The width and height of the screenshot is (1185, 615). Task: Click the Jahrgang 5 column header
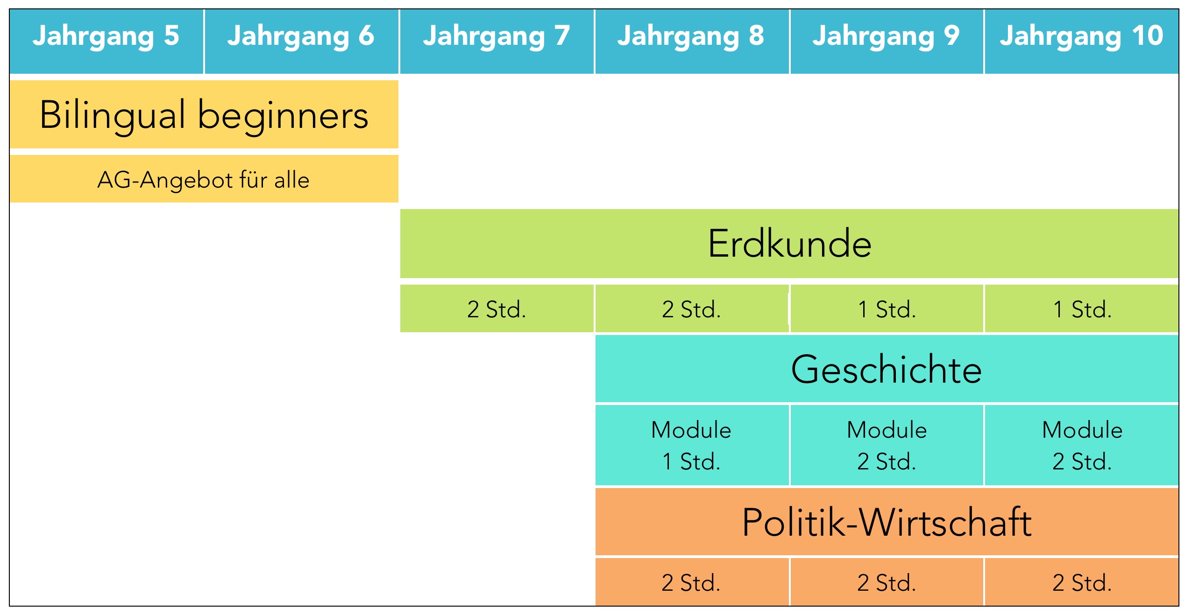(x=106, y=41)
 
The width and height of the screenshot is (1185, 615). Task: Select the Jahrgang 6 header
(x=301, y=41)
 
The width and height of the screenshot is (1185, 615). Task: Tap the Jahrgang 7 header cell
(x=497, y=41)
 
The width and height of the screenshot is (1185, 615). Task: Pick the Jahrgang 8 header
(x=692, y=41)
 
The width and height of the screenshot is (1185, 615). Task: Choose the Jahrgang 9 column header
(x=887, y=41)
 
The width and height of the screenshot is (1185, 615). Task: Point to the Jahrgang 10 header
(x=1082, y=41)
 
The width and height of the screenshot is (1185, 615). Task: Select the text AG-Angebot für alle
(x=204, y=180)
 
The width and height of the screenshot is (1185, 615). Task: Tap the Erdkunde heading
(x=789, y=243)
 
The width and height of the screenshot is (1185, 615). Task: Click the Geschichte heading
(x=887, y=369)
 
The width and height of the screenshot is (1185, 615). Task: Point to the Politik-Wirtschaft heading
(x=887, y=522)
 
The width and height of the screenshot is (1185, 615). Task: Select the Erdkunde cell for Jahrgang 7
(x=497, y=308)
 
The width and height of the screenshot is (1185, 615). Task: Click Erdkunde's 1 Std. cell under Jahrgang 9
(x=887, y=308)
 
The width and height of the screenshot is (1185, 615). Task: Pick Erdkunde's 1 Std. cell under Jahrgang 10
(x=1082, y=308)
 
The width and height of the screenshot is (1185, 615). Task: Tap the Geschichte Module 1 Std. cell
(x=692, y=445)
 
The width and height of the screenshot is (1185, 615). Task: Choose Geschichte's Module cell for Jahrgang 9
(x=887, y=445)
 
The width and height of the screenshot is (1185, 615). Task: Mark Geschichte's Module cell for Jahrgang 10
(x=1082, y=445)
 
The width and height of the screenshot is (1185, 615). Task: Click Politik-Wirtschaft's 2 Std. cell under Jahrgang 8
(x=692, y=582)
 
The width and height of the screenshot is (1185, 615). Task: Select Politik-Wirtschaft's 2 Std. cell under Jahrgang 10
(x=1082, y=582)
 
